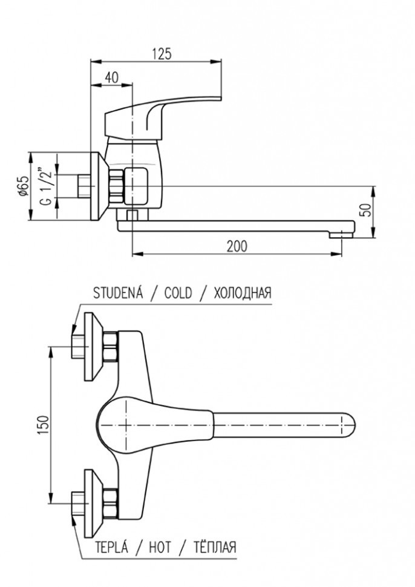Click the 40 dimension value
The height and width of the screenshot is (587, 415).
pos(111,77)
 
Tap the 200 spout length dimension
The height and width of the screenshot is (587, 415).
pos(237,246)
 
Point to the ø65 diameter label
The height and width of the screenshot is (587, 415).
pos(22,186)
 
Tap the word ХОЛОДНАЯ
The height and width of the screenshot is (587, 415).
pos(242,293)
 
